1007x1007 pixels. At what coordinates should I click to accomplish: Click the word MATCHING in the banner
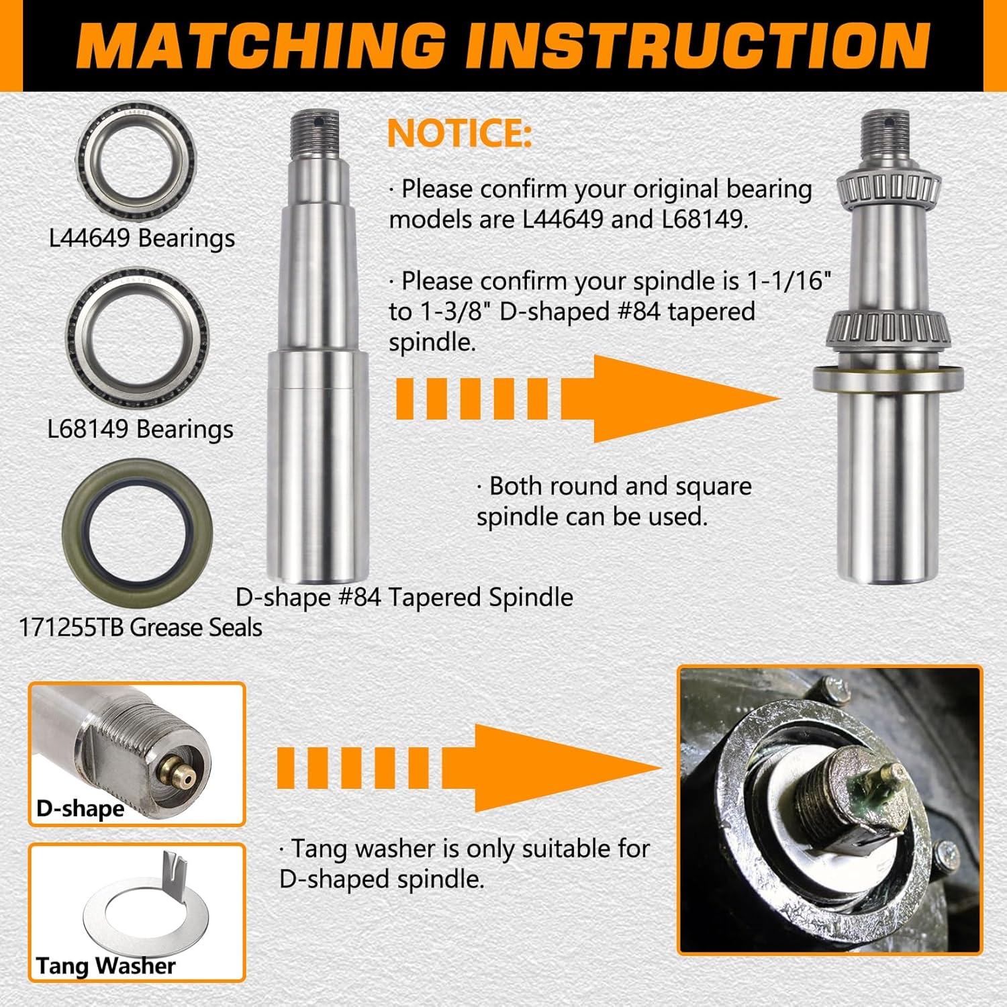tap(262, 46)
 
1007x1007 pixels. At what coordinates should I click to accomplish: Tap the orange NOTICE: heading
tap(460, 133)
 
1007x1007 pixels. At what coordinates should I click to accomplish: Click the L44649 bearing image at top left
tap(136, 162)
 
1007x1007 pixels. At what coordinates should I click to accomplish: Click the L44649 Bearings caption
tap(142, 238)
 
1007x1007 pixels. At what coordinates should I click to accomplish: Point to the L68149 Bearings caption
tap(140, 429)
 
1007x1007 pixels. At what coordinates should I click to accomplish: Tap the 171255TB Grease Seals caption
tap(140, 627)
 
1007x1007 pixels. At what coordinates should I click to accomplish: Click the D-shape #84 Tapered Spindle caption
tap(404, 597)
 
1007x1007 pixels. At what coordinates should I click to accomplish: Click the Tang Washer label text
tap(105, 965)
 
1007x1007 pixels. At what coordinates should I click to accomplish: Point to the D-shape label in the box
tap(80, 808)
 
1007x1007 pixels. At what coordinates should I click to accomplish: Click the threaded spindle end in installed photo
tap(832, 792)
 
